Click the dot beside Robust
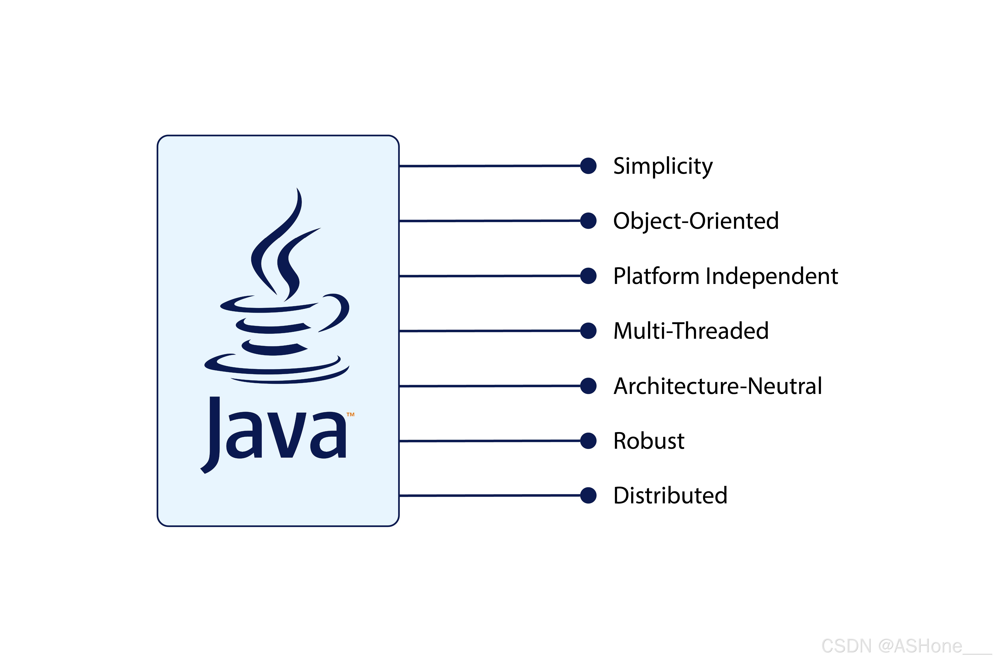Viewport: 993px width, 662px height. click(x=588, y=441)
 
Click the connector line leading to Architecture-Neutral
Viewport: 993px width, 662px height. click(x=490, y=386)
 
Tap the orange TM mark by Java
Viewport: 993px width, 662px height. click(x=350, y=415)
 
